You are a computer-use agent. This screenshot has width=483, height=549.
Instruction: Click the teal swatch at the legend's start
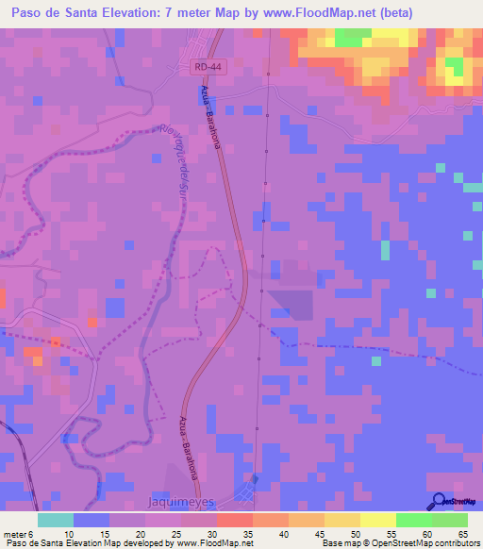56,520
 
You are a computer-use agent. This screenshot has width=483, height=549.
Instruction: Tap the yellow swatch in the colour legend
378,520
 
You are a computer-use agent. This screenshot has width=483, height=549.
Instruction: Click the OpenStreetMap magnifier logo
439,502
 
